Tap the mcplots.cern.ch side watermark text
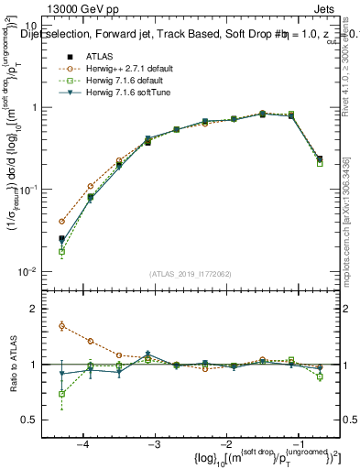(x=352, y=229)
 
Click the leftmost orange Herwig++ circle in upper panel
(x=61, y=222)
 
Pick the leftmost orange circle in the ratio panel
(x=61, y=325)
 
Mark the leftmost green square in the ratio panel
(x=61, y=394)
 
